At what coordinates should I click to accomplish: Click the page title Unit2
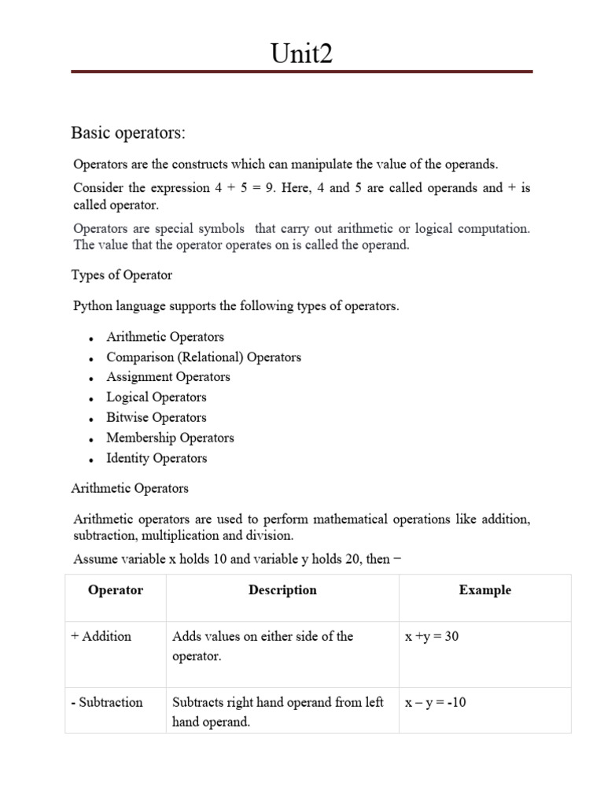pyautogui.click(x=301, y=54)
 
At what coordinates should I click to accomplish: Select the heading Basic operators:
pyautogui.click(x=128, y=133)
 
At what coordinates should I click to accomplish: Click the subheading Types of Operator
pyautogui.click(x=122, y=275)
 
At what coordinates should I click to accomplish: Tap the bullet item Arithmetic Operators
pyautogui.click(x=165, y=337)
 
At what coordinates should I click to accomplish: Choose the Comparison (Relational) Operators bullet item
pyautogui.click(x=204, y=357)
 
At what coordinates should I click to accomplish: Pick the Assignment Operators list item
pyautogui.click(x=168, y=377)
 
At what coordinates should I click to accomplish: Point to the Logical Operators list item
pyautogui.click(x=157, y=397)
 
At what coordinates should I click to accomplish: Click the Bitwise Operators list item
pyautogui.click(x=157, y=418)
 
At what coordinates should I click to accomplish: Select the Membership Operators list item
pyautogui.click(x=170, y=438)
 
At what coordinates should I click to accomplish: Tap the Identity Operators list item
pyautogui.click(x=157, y=458)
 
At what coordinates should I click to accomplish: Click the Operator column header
pyautogui.click(x=116, y=590)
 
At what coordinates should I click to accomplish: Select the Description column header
pyautogui.click(x=282, y=590)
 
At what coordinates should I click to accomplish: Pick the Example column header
pyautogui.click(x=484, y=590)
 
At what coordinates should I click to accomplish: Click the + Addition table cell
pyautogui.click(x=101, y=636)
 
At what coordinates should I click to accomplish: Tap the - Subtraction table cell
pyautogui.click(x=107, y=702)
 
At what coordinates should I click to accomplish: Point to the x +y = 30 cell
pyautogui.click(x=432, y=636)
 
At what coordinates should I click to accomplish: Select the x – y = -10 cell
pyautogui.click(x=436, y=702)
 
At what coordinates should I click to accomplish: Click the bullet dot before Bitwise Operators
pyautogui.click(x=92, y=420)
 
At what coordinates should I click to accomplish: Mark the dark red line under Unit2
pyautogui.click(x=301, y=72)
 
